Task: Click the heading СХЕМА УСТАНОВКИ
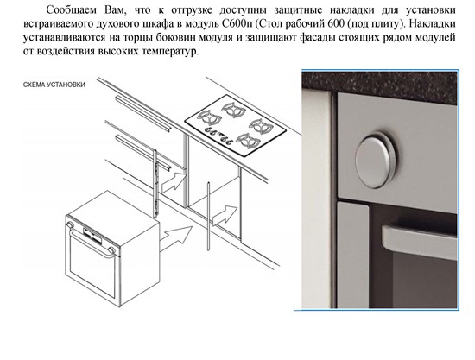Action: pos(54,85)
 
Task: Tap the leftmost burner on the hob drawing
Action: pos(207,117)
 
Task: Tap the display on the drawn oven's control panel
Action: pos(91,229)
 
